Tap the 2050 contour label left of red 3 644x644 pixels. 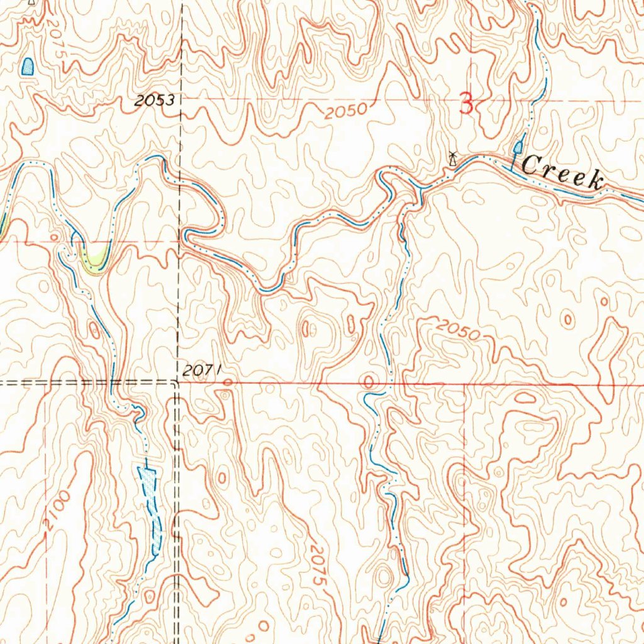[x=346, y=111]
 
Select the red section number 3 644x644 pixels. [x=466, y=103]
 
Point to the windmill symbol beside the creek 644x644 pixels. [x=452, y=158]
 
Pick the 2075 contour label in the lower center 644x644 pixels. [x=319, y=565]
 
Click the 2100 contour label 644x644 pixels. [x=57, y=513]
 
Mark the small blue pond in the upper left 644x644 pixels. [x=28, y=66]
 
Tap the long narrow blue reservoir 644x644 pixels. [x=151, y=509]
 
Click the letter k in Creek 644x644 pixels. [x=594, y=181]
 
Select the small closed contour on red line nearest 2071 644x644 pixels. [x=227, y=382]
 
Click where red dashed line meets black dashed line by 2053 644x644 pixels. [x=181, y=99]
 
